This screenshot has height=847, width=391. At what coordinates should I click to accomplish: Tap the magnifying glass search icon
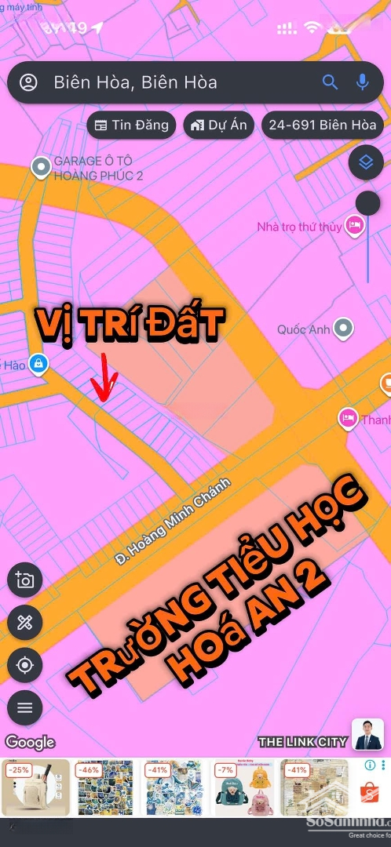(x=330, y=82)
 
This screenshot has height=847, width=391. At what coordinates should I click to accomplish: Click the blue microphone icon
(x=362, y=82)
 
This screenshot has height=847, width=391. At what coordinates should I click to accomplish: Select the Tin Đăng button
(x=131, y=125)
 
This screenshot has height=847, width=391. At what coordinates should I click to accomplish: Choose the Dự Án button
(x=218, y=125)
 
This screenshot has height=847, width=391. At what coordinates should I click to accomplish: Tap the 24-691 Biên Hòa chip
(x=322, y=125)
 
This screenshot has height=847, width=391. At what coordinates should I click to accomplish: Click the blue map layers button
(x=365, y=162)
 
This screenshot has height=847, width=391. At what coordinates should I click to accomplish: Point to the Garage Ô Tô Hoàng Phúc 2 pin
(x=40, y=166)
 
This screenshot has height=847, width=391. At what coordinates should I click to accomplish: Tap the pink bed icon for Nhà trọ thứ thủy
(x=355, y=227)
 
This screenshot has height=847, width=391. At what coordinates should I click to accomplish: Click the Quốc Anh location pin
(x=343, y=329)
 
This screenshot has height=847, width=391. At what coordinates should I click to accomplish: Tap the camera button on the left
(x=24, y=580)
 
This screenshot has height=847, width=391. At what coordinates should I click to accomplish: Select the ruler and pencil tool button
(x=24, y=623)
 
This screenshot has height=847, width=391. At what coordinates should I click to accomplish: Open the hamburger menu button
(x=24, y=707)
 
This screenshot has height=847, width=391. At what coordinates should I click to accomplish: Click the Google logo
(x=30, y=742)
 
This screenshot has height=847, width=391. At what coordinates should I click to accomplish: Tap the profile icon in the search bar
(x=29, y=82)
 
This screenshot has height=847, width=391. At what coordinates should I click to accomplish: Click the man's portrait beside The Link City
(x=367, y=734)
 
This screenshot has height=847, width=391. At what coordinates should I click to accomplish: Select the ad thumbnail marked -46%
(x=104, y=787)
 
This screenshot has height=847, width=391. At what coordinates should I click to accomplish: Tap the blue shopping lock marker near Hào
(x=37, y=364)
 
